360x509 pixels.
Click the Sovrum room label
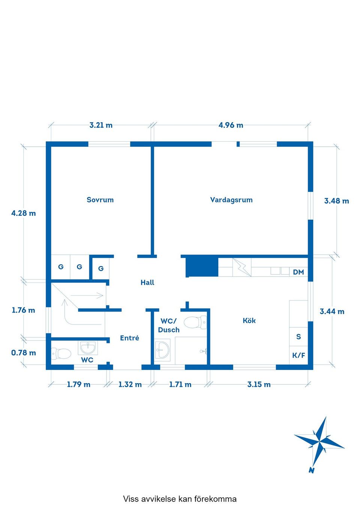click(100, 200)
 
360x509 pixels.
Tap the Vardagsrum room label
click(231, 200)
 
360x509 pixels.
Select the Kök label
click(249, 320)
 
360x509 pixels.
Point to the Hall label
click(147, 283)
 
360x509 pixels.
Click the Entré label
click(129, 338)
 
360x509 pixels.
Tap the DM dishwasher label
click(298, 272)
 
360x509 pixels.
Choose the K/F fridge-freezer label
click(298, 355)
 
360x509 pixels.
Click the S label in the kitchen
click(298, 337)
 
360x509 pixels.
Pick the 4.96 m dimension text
click(231, 125)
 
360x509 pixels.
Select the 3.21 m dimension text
click(101, 125)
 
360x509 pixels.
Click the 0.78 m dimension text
click(24, 353)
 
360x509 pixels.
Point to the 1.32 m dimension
click(130, 385)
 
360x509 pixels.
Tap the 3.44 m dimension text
click(332, 311)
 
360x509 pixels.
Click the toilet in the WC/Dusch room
click(195, 322)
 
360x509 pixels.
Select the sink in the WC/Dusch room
click(162, 350)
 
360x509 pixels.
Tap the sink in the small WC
click(88, 348)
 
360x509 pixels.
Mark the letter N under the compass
click(311, 470)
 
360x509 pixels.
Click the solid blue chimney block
click(202, 267)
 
